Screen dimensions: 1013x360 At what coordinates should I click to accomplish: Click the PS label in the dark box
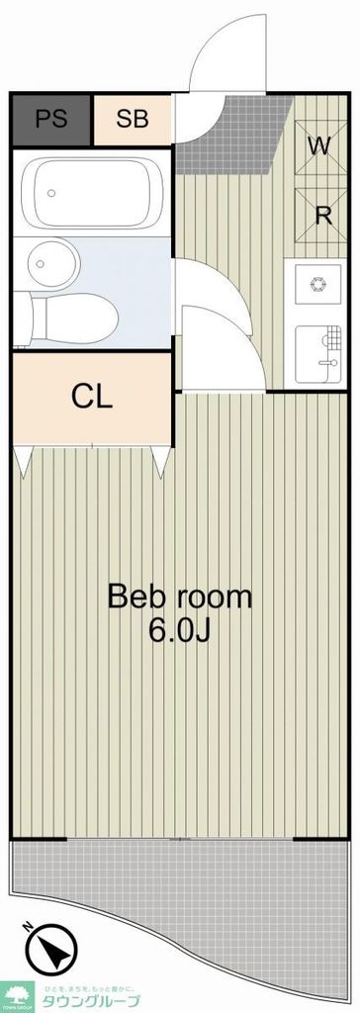click(51, 120)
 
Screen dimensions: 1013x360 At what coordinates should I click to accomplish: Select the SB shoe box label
click(132, 120)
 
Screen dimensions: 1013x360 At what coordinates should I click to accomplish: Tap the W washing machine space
click(317, 146)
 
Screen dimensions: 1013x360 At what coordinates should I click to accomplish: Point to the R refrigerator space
click(321, 216)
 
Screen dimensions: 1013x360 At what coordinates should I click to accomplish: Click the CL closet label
click(92, 397)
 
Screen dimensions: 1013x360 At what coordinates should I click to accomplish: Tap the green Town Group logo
click(18, 994)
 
